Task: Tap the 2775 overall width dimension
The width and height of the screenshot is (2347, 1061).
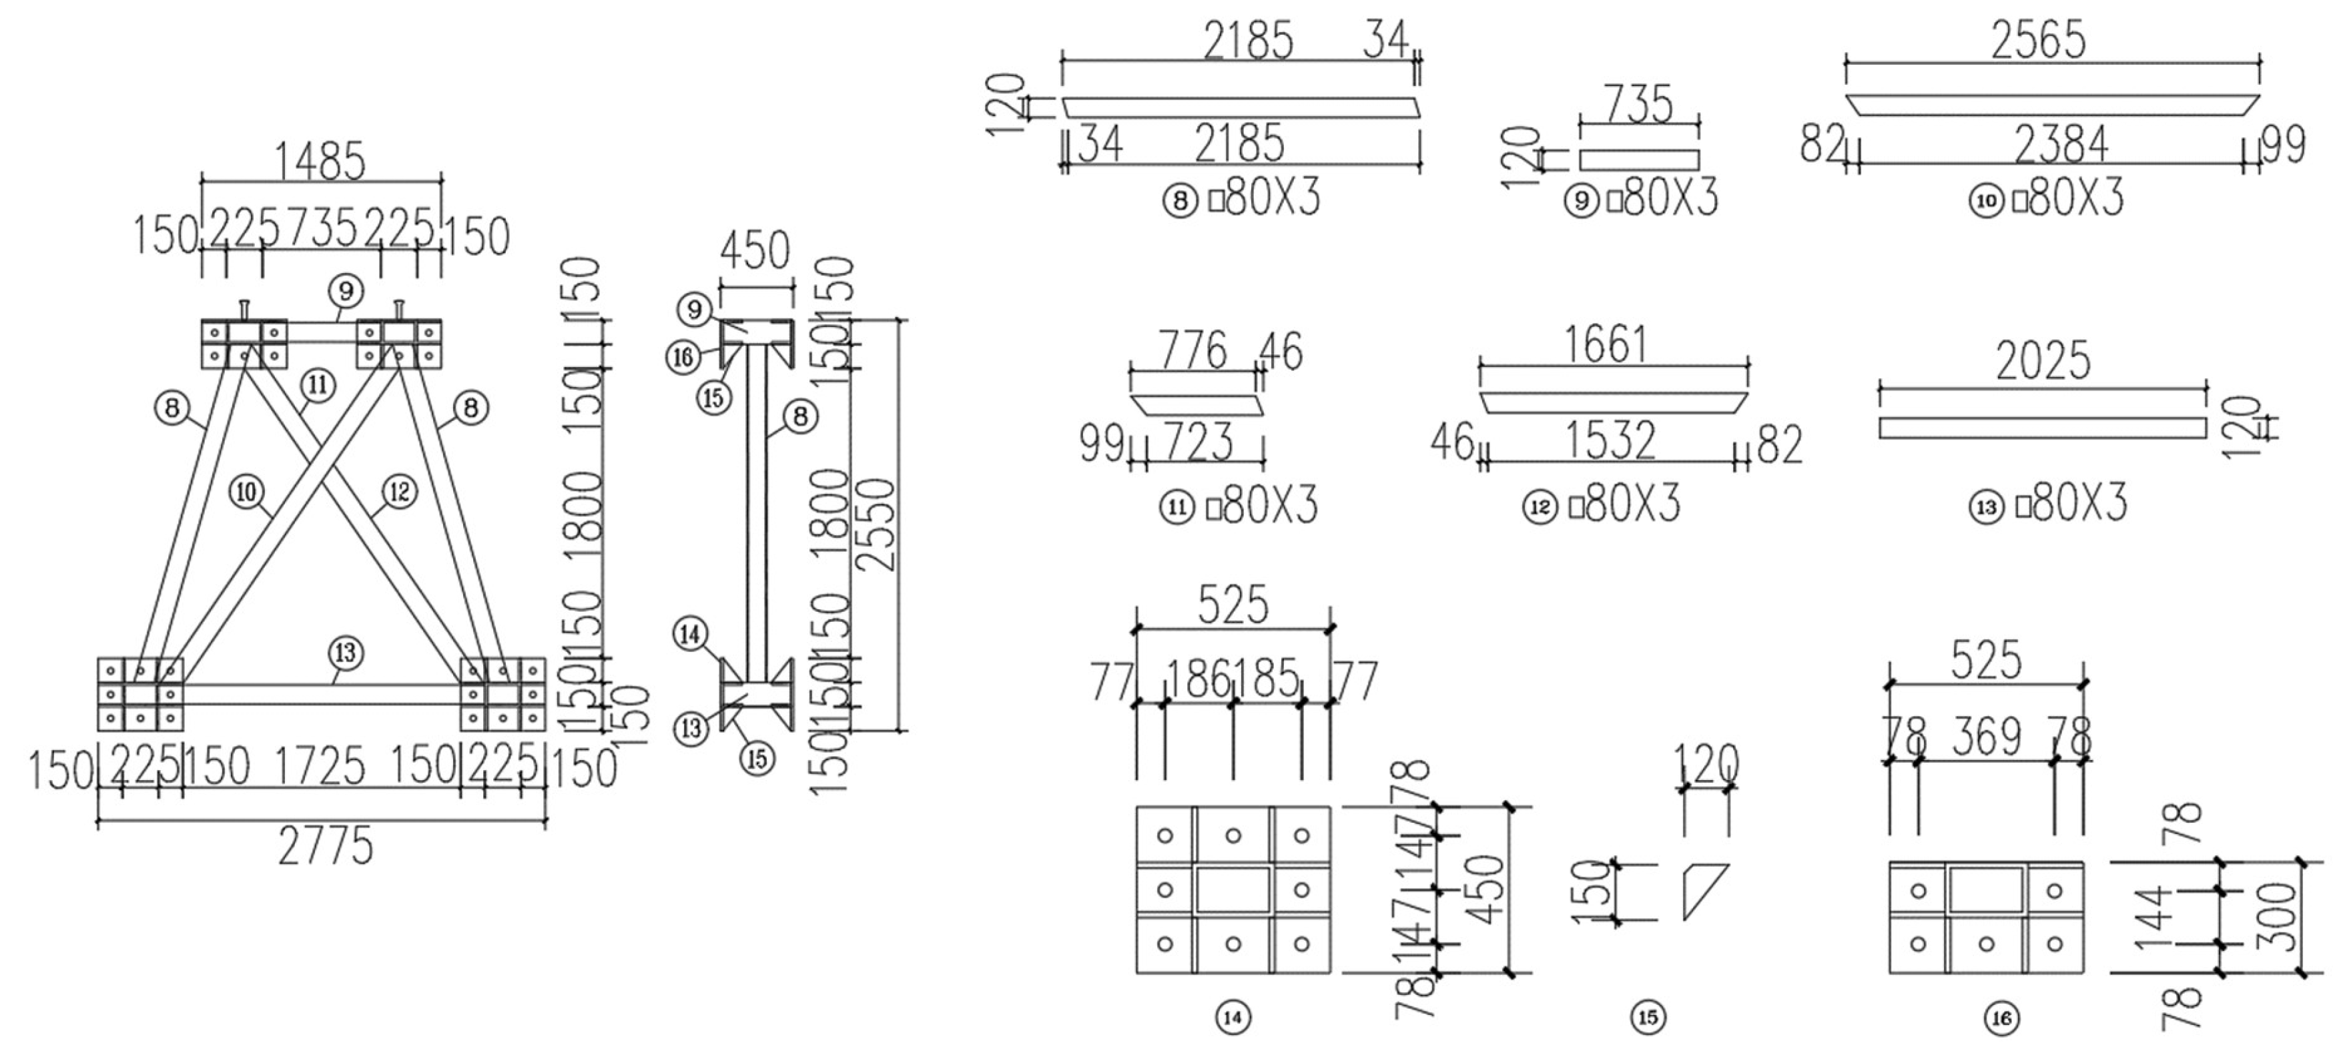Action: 325,847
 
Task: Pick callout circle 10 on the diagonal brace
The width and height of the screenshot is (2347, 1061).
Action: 246,492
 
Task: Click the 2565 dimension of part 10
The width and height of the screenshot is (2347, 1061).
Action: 2038,41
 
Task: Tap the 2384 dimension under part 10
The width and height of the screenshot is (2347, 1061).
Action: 2061,144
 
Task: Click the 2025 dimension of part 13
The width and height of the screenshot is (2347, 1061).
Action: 2043,362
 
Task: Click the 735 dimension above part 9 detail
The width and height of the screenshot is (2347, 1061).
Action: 1638,104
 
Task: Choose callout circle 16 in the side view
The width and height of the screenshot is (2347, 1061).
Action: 683,357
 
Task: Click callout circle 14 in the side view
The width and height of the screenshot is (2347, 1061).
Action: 691,633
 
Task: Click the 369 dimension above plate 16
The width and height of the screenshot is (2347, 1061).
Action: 1986,736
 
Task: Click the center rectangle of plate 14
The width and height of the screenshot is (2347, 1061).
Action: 1233,890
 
